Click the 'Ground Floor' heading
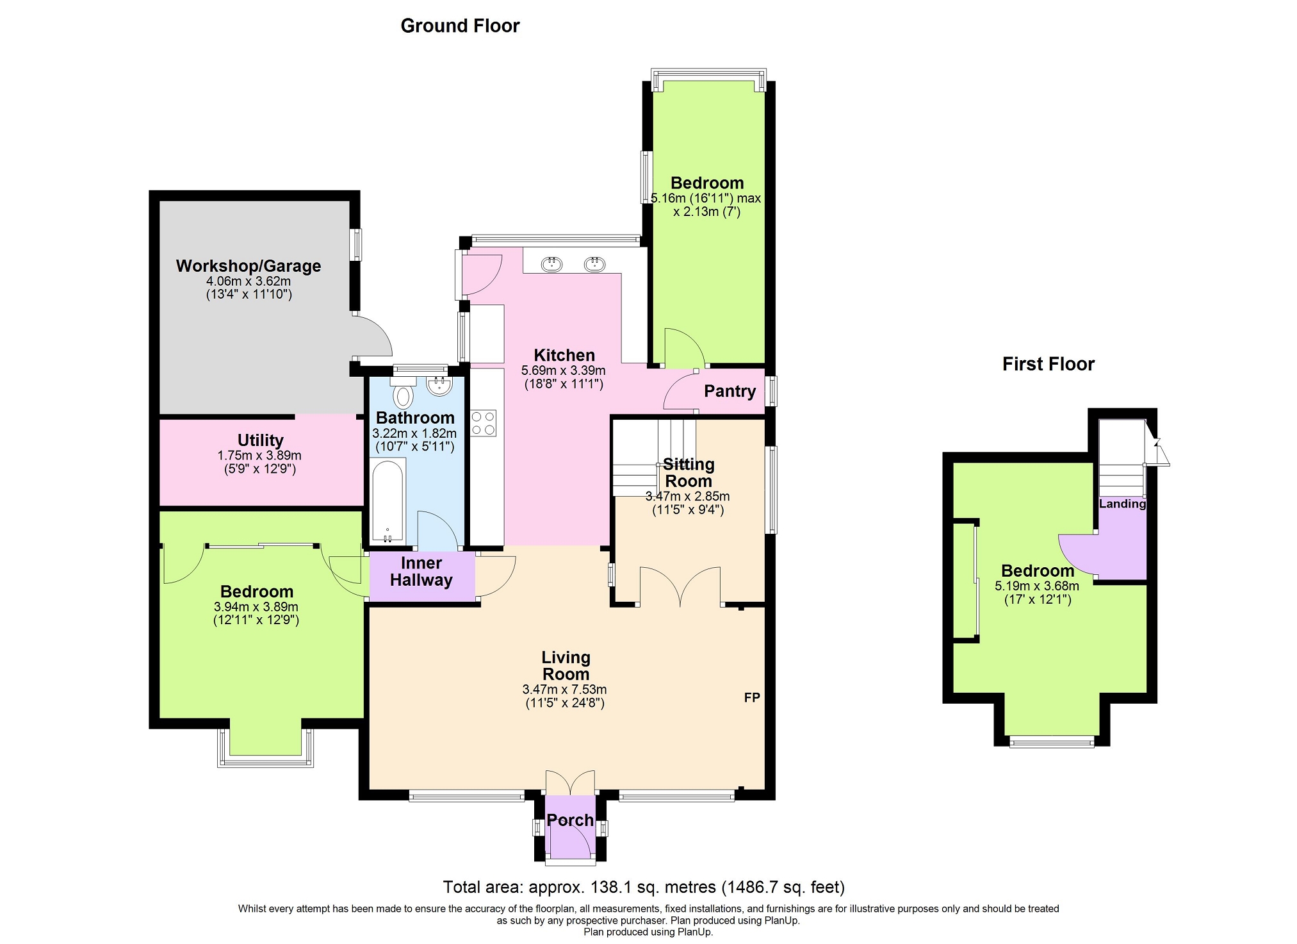tap(460, 26)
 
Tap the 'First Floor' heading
tap(1048, 364)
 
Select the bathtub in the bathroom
tap(388, 501)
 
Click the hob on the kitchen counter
tap(483, 423)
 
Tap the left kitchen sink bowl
tap(551, 263)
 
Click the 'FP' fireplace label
tap(752, 697)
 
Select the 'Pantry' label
tap(730, 391)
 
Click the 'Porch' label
tap(570, 820)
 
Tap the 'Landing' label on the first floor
tap(1122, 504)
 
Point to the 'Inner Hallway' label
tap(421, 572)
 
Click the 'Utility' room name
tap(260, 440)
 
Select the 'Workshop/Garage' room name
tap(249, 266)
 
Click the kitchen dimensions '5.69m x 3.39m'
tap(564, 370)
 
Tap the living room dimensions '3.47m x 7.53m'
tap(564, 690)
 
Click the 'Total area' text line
tap(644, 888)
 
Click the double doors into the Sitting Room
tap(680, 586)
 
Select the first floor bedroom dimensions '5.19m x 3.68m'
tap(1037, 586)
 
